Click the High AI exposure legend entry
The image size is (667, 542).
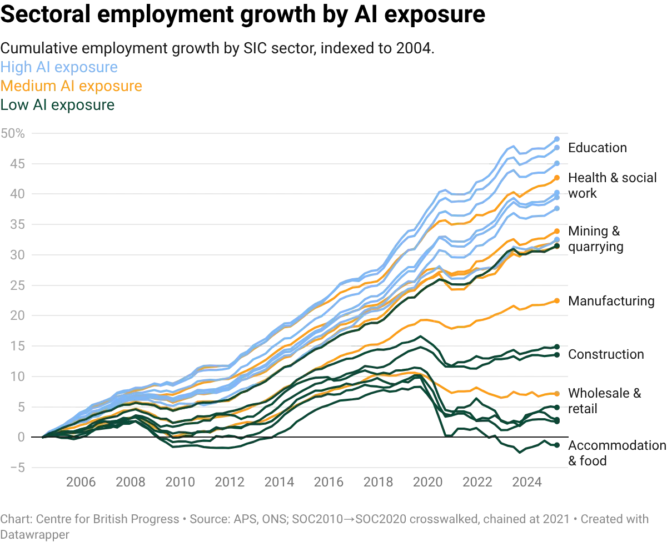pos(59,68)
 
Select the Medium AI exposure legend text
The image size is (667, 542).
pos(71,86)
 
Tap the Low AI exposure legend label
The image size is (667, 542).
pos(58,104)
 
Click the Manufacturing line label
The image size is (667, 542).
pos(614,302)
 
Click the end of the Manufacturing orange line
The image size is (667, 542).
pos(558,300)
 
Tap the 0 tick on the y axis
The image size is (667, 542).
pos(21,437)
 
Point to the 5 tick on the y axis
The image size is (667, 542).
pos(21,406)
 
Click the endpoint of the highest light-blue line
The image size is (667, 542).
pos(558,137)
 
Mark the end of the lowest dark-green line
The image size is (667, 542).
pos(558,444)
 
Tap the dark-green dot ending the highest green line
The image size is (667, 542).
pos(558,245)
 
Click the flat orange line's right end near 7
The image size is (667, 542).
pos(558,394)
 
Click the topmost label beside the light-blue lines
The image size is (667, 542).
pos(598,149)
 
